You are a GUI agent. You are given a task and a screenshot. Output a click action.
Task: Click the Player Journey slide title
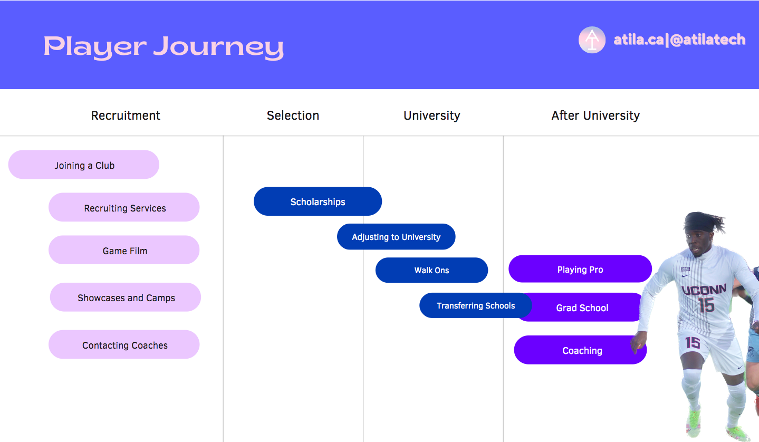point(164,47)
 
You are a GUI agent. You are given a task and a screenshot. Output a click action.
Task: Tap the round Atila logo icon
point(592,40)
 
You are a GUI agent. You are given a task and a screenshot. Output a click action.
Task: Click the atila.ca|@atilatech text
point(679,40)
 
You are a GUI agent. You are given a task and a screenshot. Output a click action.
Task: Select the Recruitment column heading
point(126,116)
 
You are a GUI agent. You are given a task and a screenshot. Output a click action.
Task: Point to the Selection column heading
point(293,116)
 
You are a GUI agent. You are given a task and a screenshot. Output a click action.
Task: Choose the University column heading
point(431,116)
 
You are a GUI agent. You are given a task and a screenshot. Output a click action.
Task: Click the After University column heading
point(595,116)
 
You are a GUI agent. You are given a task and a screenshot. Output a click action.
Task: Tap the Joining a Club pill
point(84,165)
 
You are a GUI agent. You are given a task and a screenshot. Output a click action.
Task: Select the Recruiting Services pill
point(124,207)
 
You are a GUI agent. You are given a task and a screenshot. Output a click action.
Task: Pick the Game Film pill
point(124,250)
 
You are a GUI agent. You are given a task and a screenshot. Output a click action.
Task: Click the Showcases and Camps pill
point(126,297)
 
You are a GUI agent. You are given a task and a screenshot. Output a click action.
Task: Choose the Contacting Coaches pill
point(124,344)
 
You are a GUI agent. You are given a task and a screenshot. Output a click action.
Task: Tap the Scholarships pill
point(318,201)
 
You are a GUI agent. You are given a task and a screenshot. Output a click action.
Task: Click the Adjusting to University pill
point(396,237)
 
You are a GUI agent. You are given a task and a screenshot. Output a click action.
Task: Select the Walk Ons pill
point(431,270)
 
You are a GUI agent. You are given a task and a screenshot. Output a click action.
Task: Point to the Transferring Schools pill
point(476,305)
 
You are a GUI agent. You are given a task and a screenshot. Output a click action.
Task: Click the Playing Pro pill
point(580,269)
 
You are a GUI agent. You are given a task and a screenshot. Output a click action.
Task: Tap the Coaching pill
point(580,350)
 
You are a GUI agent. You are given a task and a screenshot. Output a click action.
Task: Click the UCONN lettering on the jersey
point(704,290)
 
